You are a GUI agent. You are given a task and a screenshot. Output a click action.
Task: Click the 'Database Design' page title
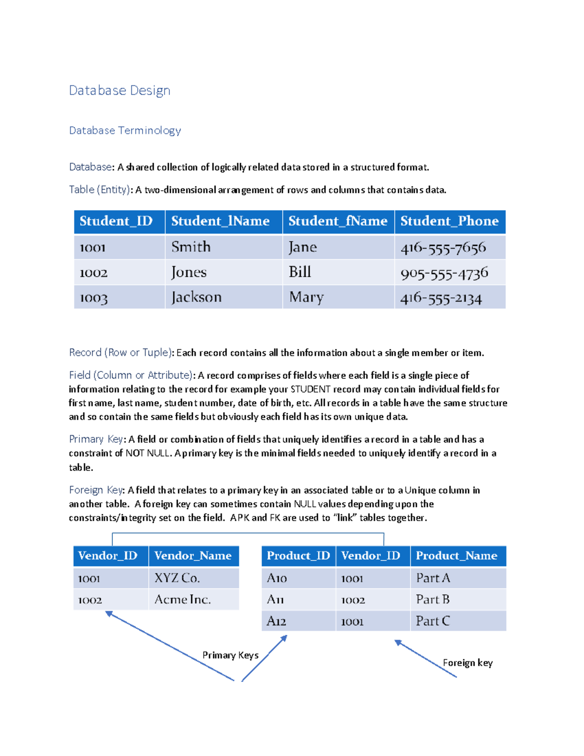(x=120, y=91)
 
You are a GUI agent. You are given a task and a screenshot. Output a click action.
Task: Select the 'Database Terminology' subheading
(x=125, y=130)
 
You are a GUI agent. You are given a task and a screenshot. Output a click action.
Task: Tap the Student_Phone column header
(x=449, y=221)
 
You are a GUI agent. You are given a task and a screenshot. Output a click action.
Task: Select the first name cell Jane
(x=303, y=247)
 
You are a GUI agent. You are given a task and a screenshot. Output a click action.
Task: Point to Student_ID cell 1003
(x=93, y=297)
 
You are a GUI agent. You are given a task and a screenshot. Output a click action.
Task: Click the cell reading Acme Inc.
(x=182, y=599)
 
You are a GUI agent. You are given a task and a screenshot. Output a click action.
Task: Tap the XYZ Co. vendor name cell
(x=177, y=578)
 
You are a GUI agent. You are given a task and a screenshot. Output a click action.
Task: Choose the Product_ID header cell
(x=298, y=555)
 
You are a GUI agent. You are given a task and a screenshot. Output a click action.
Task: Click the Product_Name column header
(x=456, y=555)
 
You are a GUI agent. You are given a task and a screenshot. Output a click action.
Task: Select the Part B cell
(x=433, y=599)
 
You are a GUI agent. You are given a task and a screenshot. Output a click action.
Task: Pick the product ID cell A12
(x=276, y=621)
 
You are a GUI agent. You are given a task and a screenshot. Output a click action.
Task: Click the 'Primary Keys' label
(x=230, y=655)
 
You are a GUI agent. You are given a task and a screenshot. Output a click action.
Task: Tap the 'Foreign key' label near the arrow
(x=468, y=663)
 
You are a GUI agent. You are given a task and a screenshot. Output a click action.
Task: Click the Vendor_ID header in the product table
(x=371, y=555)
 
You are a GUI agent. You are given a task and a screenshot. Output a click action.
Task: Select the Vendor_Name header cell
(x=193, y=555)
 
